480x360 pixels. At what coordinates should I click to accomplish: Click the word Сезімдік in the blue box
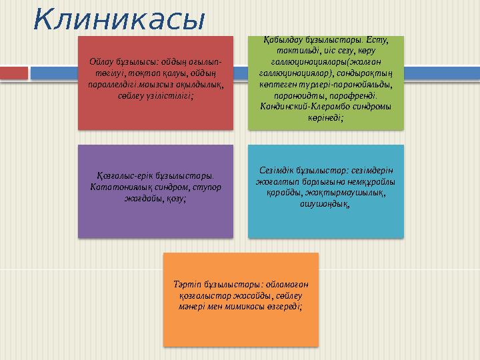274,170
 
